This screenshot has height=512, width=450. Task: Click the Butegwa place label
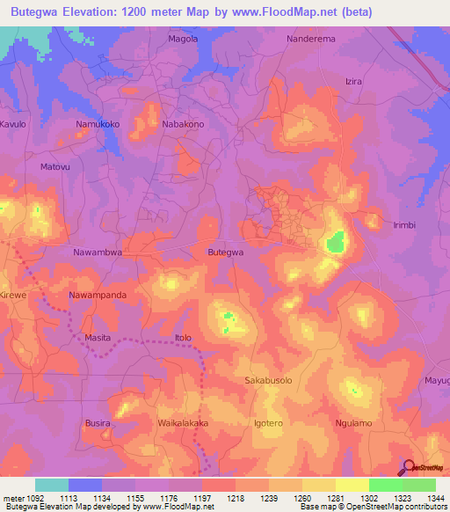click(225, 252)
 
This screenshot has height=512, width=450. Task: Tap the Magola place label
click(183, 39)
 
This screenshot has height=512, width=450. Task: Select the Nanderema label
click(313, 39)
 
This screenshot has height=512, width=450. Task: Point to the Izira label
click(353, 81)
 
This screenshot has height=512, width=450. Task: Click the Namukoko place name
click(98, 125)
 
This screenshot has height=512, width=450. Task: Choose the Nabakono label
click(184, 125)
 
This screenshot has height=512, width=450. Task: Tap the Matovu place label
click(54, 166)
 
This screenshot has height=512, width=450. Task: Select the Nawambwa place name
click(97, 252)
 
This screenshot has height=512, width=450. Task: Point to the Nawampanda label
click(98, 295)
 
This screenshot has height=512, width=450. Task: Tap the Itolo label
click(183, 338)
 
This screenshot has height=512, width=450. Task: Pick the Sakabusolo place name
click(268, 380)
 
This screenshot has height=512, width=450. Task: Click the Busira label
click(98, 423)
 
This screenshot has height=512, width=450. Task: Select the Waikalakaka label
click(183, 423)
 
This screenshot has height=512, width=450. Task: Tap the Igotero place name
click(268, 423)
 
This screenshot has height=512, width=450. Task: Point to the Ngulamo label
click(354, 423)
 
